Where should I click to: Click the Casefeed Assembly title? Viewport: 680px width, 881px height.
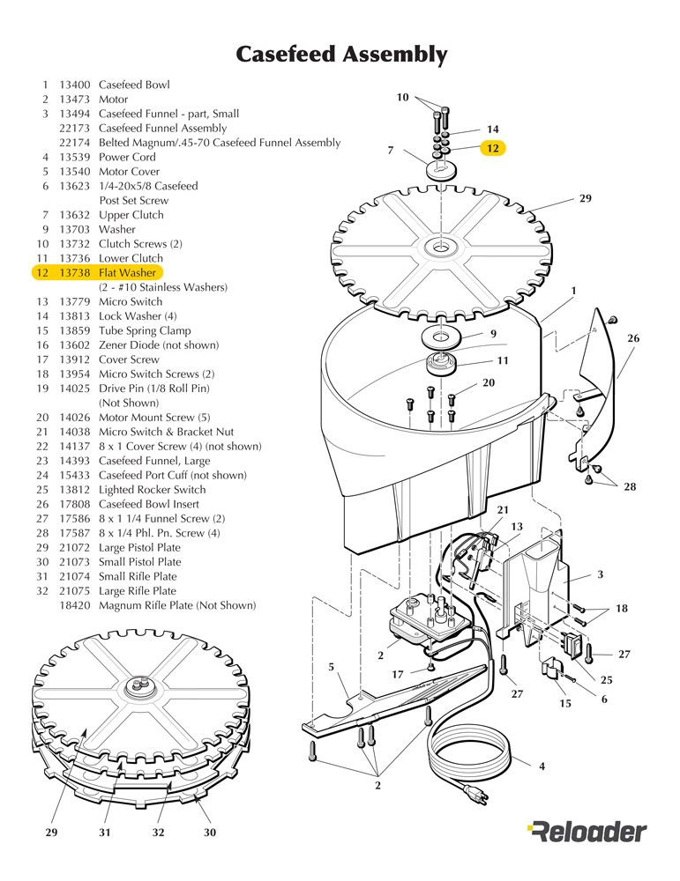[341, 55]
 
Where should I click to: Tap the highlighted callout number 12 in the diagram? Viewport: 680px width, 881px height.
[493, 148]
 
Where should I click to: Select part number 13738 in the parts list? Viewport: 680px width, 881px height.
[75, 273]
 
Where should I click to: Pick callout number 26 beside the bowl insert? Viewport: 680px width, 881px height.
[633, 338]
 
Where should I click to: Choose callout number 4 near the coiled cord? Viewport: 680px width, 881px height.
[542, 766]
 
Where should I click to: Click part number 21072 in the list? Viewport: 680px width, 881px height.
[75, 548]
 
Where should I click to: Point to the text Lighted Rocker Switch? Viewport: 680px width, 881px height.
[153, 490]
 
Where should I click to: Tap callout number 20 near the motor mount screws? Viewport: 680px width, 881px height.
[489, 382]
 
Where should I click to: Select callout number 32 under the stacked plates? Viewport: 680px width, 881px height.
[159, 833]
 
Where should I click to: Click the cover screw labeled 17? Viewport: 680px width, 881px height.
[430, 667]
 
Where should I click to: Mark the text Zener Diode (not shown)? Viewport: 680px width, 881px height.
[159, 345]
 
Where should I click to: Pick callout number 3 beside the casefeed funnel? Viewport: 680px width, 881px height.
[600, 574]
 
